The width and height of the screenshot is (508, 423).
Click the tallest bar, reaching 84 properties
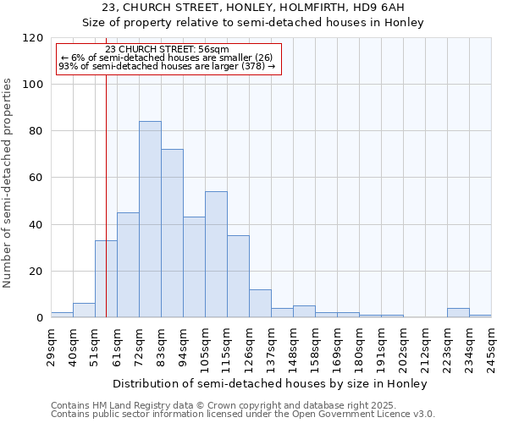click(150, 220)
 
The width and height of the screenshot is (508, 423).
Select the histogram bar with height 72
click(172, 233)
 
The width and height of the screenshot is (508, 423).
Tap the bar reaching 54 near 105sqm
click(216, 255)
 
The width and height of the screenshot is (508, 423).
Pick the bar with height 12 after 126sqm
click(260, 304)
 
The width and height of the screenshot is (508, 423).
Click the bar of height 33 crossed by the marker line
click(106, 279)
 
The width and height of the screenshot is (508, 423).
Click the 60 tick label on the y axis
click(36, 178)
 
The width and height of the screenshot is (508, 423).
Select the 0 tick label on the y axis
click(40, 318)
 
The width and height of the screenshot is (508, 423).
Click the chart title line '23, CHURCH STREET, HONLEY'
click(252, 8)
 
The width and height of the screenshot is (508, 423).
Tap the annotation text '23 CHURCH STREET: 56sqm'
click(167, 50)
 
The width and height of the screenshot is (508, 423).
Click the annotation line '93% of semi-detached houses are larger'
click(167, 67)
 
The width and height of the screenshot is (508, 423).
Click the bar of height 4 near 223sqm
click(458, 313)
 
